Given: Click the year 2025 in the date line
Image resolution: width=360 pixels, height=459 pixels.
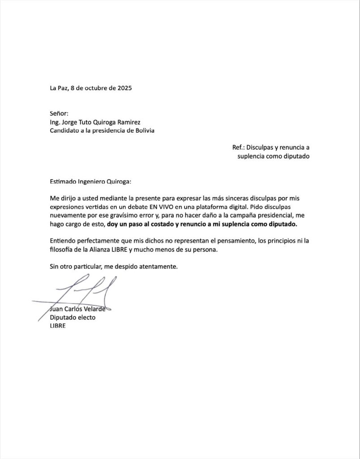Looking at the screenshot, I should point(124,88).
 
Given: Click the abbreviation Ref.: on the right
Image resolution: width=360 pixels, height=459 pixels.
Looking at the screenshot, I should point(239,147).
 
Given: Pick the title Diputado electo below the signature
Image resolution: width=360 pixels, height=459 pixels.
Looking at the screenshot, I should point(73,317).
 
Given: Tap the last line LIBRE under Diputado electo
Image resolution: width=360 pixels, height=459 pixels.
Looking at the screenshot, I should point(58,326).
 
